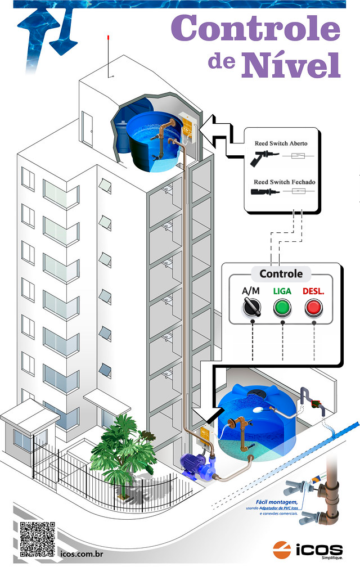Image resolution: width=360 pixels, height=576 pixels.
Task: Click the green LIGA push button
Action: (x=282, y=308)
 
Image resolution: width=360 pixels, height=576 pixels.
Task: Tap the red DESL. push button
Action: (x=313, y=308)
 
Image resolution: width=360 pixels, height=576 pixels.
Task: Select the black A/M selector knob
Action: (x=250, y=307)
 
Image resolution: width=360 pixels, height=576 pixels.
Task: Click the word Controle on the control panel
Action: (x=281, y=274)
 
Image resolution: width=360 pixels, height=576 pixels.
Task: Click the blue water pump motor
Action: (x=191, y=465)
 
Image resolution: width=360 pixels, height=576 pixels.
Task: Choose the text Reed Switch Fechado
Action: (x=283, y=182)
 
